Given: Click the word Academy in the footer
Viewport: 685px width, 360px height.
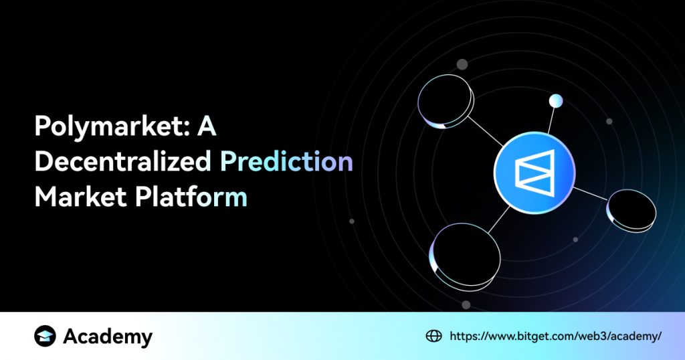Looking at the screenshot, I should pyautogui.click(x=108, y=337).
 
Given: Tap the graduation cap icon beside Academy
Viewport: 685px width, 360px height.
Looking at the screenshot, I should pyautogui.click(x=45, y=337).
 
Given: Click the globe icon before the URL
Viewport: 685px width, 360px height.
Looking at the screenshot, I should pyautogui.click(x=433, y=337).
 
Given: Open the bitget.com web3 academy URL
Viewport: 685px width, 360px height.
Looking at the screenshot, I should pyautogui.click(x=555, y=337).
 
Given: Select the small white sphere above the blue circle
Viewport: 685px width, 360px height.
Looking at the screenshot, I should pyautogui.click(x=555, y=101).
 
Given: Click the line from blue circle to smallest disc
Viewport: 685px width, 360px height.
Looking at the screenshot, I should pyautogui.click(x=590, y=193).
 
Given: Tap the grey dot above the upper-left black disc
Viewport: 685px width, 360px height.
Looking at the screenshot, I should pyautogui.click(x=462, y=64).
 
